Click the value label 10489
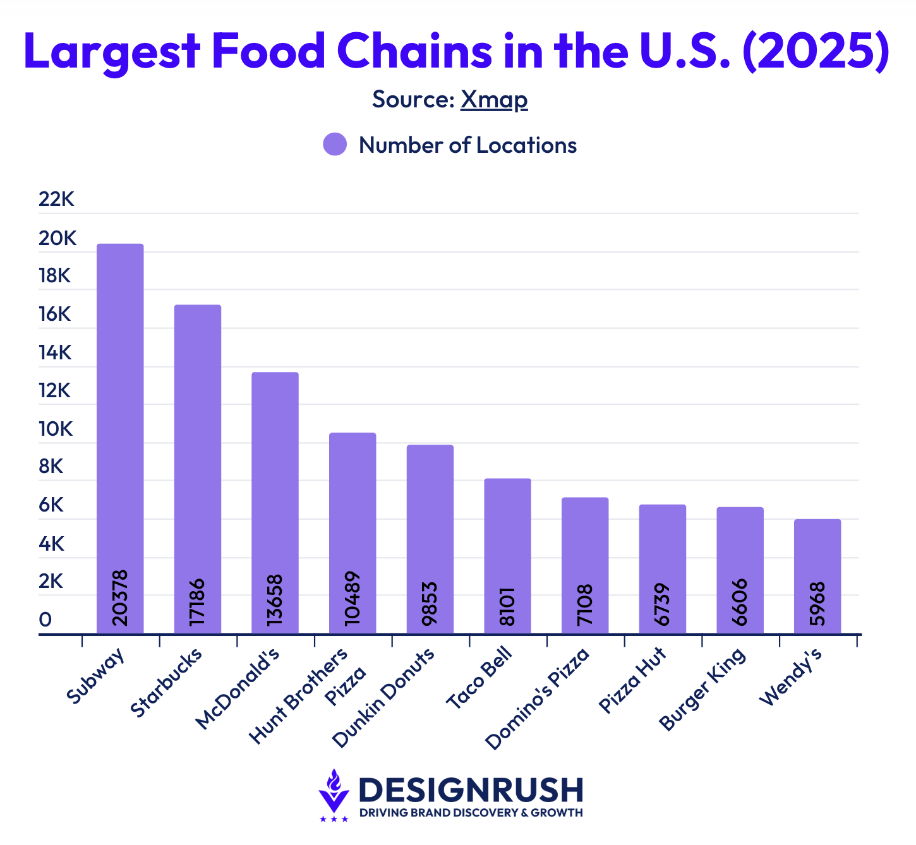(x=353, y=598)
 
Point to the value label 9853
(x=430, y=603)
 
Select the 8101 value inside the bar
(x=507, y=606)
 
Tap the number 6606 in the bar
(x=740, y=602)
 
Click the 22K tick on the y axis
(x=56, y=200)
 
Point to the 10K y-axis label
(x=56, y=429)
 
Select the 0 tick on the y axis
(x=45, y=620)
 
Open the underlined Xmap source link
(x=493, y=100)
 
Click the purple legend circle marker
(x=335, y=145)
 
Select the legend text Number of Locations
(x=467, y=145)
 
